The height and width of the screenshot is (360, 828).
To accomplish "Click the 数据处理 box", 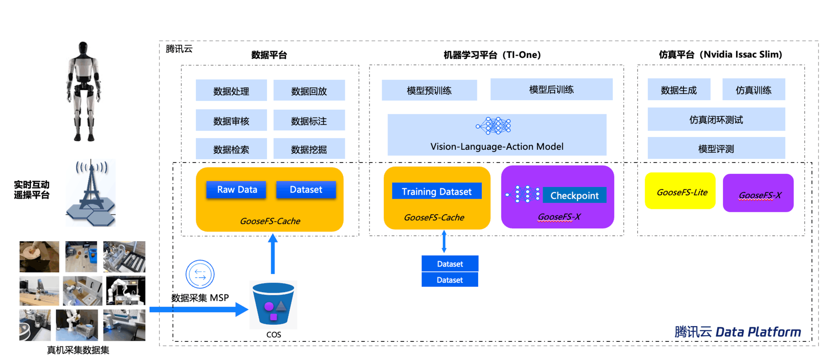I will (x=231, y=91).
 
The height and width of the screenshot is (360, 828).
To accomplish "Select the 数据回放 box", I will (x=309, y=91).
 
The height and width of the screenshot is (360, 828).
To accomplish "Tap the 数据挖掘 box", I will (x=309, y=149).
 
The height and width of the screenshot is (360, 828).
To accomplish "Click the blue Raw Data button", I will (x=236, y=190).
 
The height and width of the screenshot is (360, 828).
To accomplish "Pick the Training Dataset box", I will (x=436, y=191).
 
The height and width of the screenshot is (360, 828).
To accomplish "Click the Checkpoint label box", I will (x=574, y=195).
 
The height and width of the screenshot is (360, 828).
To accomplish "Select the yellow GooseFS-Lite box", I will (x=680, y=191).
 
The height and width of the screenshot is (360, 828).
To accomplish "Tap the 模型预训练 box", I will (x=429, y=90).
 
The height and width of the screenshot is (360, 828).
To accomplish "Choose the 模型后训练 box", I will (x=551, y=89).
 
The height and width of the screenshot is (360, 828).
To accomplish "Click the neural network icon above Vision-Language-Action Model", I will (x=493, y=125).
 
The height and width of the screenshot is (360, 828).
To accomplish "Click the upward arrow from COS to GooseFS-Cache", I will (x=273, y=254).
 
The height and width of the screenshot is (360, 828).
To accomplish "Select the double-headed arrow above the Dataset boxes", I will (x=444, y=242).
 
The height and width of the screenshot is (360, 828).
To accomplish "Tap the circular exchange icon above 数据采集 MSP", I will (x=200, y=274).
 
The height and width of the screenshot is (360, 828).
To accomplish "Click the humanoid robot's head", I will (x=83, y=47).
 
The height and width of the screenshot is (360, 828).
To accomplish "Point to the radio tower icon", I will (x=91, y=192).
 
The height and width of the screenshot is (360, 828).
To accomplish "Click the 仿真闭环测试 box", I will (x=716, y=120).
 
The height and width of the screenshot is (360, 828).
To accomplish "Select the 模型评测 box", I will (x=716, y=149).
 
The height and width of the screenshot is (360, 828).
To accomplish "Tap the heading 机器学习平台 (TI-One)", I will (x=492, y=55).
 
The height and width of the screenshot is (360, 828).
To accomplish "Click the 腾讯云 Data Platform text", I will (x=737, y=332).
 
